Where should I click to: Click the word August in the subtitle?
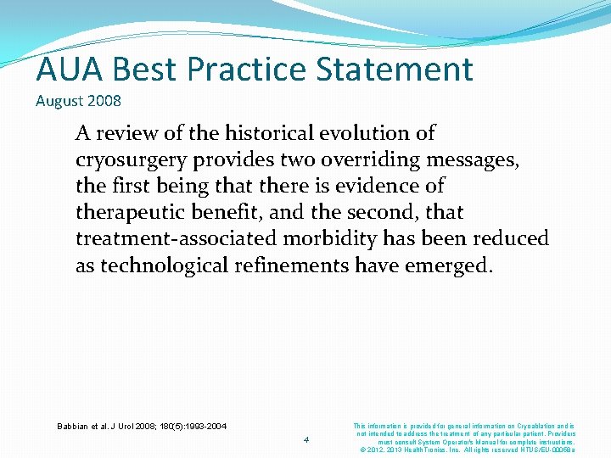click(x=59, y=101)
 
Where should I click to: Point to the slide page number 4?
click(x=306, y=439)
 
